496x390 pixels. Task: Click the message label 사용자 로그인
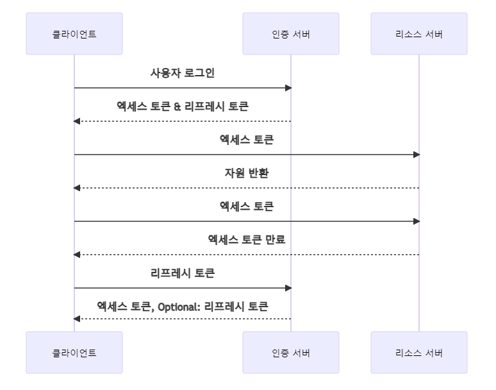[183, 73]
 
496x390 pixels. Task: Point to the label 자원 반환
[247, 173]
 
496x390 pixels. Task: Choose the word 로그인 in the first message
[199, 73]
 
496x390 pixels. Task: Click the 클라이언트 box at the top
[74, 34]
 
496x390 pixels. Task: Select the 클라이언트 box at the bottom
[74, 352]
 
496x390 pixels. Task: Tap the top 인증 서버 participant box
[291, 34]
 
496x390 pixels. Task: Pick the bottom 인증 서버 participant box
[291, 352]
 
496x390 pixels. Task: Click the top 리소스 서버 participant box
[419, 34]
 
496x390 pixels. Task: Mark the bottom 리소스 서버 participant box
[419, 352]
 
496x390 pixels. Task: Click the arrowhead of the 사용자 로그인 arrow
[288, 88]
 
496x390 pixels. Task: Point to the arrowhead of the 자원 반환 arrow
[78, 188]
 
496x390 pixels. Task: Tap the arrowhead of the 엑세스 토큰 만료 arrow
[78, 255]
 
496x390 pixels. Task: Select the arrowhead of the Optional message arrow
[78, 319]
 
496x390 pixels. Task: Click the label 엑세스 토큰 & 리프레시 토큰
[183, 106]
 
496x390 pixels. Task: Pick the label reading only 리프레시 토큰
[183, 273]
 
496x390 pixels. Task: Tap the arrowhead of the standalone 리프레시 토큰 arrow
[288, 288]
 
